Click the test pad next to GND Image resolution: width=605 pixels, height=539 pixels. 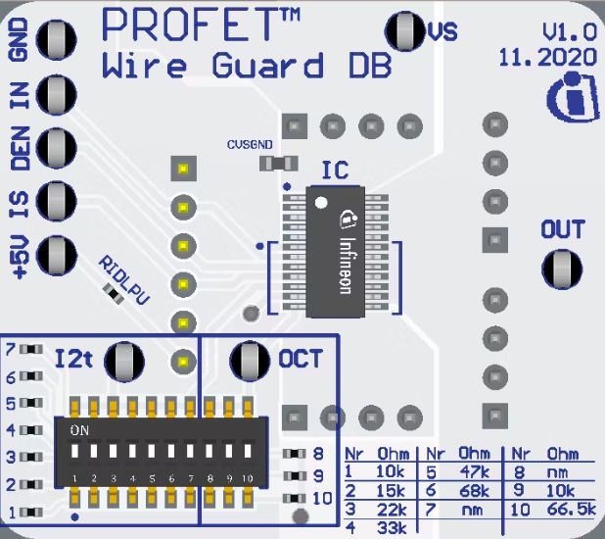[x=57, y=40]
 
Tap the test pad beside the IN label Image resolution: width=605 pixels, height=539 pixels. [x=57, y=94]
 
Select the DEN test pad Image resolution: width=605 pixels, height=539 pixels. [x=57, y=148]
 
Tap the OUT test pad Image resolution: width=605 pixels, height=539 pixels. [x=562, y=267]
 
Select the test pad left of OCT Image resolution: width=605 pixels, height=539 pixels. [x=250, y=361]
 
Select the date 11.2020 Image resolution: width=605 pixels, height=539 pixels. [x=546, y=57]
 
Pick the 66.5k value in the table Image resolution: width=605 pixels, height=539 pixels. [x=572, y=510]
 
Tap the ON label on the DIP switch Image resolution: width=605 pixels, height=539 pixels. [x=80, y=430]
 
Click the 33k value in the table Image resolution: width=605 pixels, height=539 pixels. [x=392, y=528]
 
